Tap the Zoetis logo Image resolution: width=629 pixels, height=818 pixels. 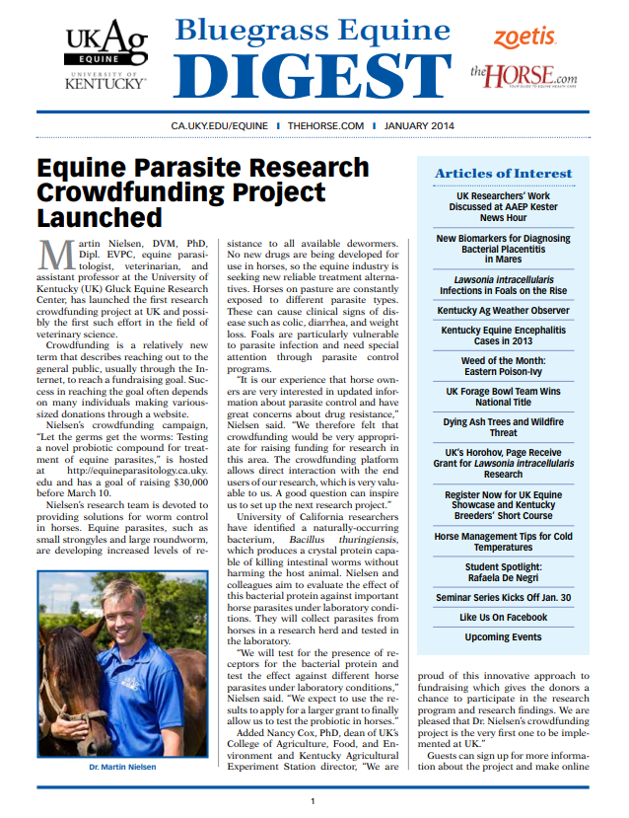click(x=524, y=37)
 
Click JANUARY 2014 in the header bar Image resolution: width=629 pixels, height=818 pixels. click(x=420, y=126)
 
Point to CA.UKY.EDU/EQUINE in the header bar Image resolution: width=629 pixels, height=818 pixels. click(x=219, y=126)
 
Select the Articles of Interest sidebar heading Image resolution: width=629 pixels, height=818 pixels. click(x=503, y=174)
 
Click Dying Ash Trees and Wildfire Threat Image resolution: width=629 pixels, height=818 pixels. click(x=503, y=427)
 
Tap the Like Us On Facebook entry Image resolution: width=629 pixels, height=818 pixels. click(x=503, y=617)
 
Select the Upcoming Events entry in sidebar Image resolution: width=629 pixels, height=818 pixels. click(x=503, y=637)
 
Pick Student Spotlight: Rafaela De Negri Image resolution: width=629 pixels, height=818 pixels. click(x=503, y=573)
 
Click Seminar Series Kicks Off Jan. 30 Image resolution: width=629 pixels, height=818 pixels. click(x=503, y=597)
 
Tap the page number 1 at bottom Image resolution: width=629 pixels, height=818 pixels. click(x=313, y=801)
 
